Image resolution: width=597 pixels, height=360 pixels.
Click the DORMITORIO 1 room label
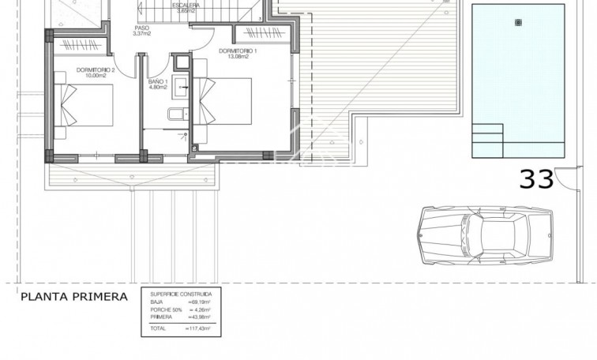238,51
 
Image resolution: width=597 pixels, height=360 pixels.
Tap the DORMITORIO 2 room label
96,69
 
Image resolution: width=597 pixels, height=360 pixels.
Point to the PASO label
141,27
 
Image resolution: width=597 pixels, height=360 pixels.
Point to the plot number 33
536,180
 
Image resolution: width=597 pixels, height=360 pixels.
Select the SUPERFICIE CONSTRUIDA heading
181,292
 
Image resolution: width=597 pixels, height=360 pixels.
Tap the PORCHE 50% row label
164,309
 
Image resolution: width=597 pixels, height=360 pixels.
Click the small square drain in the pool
518,21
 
